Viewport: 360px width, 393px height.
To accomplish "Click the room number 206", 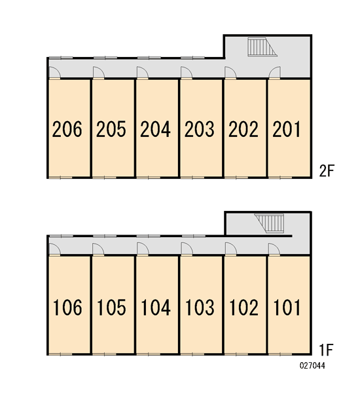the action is pos(67,129).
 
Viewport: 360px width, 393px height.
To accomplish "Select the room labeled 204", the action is pos(155,129).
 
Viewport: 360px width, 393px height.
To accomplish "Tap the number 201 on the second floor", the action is pos(286,129).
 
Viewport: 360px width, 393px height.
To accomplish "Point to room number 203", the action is pos(200,129).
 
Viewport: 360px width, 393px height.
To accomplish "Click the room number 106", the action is pos(67,307).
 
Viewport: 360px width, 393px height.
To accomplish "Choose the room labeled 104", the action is pos(156,307).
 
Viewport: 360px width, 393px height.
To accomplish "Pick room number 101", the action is pos(287,307).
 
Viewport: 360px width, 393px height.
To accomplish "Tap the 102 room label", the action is pos(243,307).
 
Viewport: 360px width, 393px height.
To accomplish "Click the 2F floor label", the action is pos(327,171).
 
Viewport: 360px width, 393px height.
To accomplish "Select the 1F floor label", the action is pos(326,350).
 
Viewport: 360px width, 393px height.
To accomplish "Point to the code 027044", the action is pos(312,365).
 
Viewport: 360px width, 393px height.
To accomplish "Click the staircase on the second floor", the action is pos(262,47).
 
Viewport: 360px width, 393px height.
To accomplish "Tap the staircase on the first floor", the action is pos(270,223).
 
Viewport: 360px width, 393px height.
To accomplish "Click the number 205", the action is pos(111,129).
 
